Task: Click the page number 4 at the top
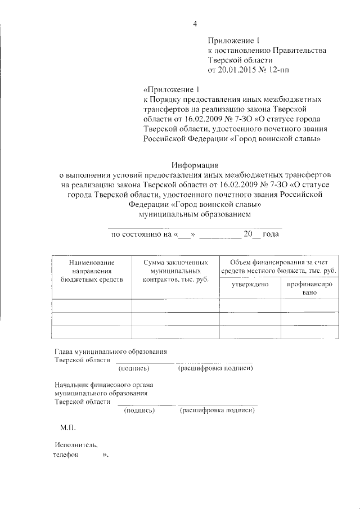click(195, 23)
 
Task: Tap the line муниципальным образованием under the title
click(195, 214)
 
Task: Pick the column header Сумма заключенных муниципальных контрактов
click(175, 271)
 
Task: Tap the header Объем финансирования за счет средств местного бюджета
click(278, 267)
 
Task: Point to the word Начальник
click(71, 385)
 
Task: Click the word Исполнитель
click(73, 445)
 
